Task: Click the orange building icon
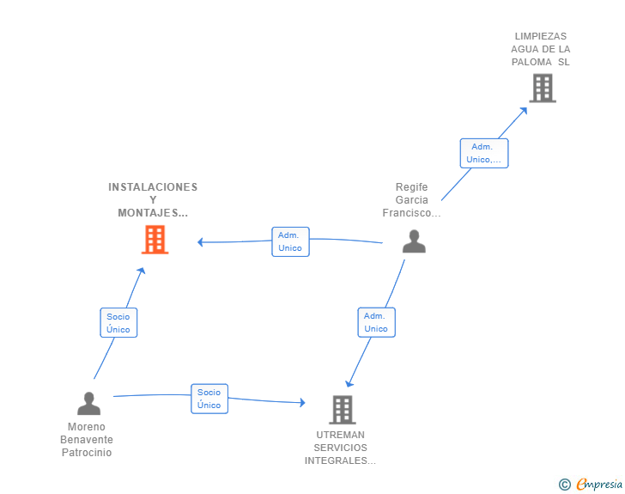click(155, 240)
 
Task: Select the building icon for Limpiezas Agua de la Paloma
click(543, 88)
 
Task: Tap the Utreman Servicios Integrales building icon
click(343, 410)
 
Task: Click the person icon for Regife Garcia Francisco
click(414, 241)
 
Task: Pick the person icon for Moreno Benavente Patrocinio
click(89, 404)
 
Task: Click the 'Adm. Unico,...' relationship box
click(484, 153)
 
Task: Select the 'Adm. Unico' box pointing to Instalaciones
click(290, 241)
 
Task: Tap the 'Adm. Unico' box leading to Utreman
click(376, 322)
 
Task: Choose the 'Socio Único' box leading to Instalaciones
click(118, 323)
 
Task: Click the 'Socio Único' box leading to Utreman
click(209, 399)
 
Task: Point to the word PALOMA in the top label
click(531, 62)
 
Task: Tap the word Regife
click(411, 187)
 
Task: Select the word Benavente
click(87, 440)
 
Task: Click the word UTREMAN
click(340, 435)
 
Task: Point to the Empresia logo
click(599, 485)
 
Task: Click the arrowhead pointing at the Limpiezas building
click(524, 111)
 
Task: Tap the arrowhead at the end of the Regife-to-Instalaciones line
click(201, 241)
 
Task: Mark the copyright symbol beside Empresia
click(565, 485)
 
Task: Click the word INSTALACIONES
click(153, 187)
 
